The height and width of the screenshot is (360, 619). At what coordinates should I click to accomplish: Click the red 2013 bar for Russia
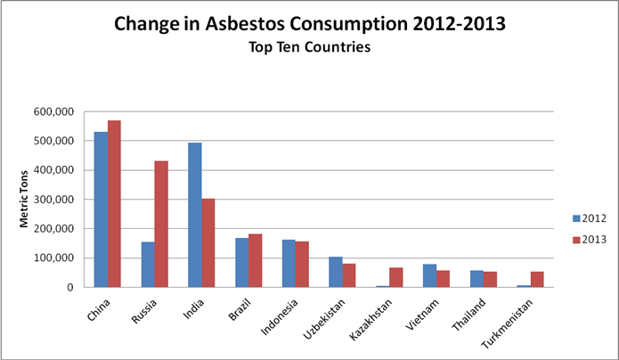point(162,224)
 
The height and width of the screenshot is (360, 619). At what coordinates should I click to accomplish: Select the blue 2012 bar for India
point(194,215)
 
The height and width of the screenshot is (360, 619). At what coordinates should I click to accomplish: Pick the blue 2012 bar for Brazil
point(241,263)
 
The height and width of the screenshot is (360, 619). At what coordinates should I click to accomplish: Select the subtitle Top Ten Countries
point(309,50)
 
